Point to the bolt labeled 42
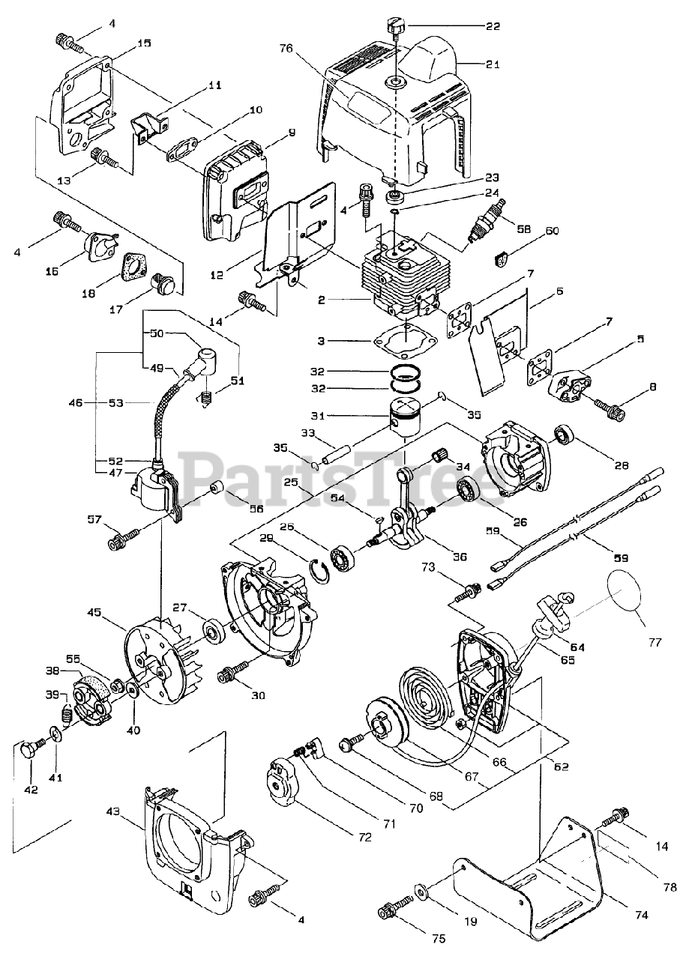pos(31,748)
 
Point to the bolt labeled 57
pos(124,536)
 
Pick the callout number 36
pos(460,556)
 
